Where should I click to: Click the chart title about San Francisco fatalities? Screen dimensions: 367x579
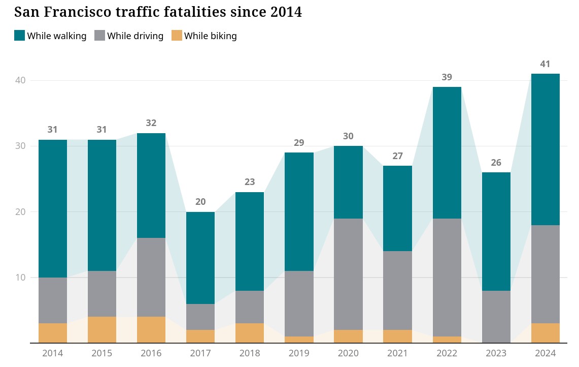click(158, 12)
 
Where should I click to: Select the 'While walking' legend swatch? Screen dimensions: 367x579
click(20, 36)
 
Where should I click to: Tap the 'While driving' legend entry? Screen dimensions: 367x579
click(129, 36)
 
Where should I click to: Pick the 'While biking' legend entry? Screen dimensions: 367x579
click(204, 36)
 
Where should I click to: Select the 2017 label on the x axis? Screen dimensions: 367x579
click(200, 353)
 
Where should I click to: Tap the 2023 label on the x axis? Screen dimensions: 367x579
click(496, 353)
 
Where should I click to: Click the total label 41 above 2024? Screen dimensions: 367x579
click(545, 64)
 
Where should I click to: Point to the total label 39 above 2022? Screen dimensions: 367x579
click(447, 77)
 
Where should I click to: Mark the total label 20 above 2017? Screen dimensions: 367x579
click(200, 202)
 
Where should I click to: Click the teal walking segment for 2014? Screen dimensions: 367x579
click(53, 208)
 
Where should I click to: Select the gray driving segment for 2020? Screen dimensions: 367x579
click(348, 274)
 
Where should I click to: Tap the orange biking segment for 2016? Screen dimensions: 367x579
click(151, 330)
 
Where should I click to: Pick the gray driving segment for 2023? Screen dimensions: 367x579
click(496, 317)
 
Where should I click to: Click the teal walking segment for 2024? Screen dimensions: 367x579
click(545, 149)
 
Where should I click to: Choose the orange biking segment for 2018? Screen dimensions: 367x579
click(250, 333)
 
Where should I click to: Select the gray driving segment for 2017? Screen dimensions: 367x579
click(200, 317)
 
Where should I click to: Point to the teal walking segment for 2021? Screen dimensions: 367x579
click(397, 208)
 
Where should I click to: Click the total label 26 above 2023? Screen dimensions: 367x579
click(496, 163)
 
